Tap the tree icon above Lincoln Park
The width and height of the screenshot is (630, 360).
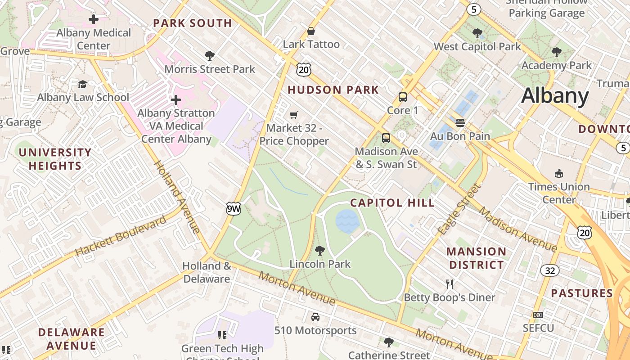point(320,250)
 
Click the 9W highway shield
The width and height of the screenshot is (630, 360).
point(233,208)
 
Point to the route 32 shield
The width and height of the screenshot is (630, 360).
point(549,270)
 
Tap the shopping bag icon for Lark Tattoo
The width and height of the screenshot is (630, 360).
point(310,31)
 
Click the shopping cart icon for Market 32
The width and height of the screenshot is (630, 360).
point(294,115)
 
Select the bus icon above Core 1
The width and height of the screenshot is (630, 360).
point(403,97)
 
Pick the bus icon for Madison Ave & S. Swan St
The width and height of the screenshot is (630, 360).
point(386,138)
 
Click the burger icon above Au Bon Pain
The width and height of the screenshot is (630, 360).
point(460,122)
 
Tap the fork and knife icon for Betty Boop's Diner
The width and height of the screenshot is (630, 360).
point(449,284)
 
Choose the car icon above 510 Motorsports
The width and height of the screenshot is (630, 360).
point(315,317)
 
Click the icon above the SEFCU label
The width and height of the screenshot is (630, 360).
point(538,315)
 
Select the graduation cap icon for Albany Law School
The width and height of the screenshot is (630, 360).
point(82,84)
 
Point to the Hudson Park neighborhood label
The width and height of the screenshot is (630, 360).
point(333,90)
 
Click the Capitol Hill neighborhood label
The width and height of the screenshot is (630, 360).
point(392,203)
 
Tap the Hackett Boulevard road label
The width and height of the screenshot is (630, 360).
point(121,236)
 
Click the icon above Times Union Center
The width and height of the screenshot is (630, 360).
point(559,173)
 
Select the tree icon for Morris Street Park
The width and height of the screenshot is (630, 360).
point(209,56)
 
